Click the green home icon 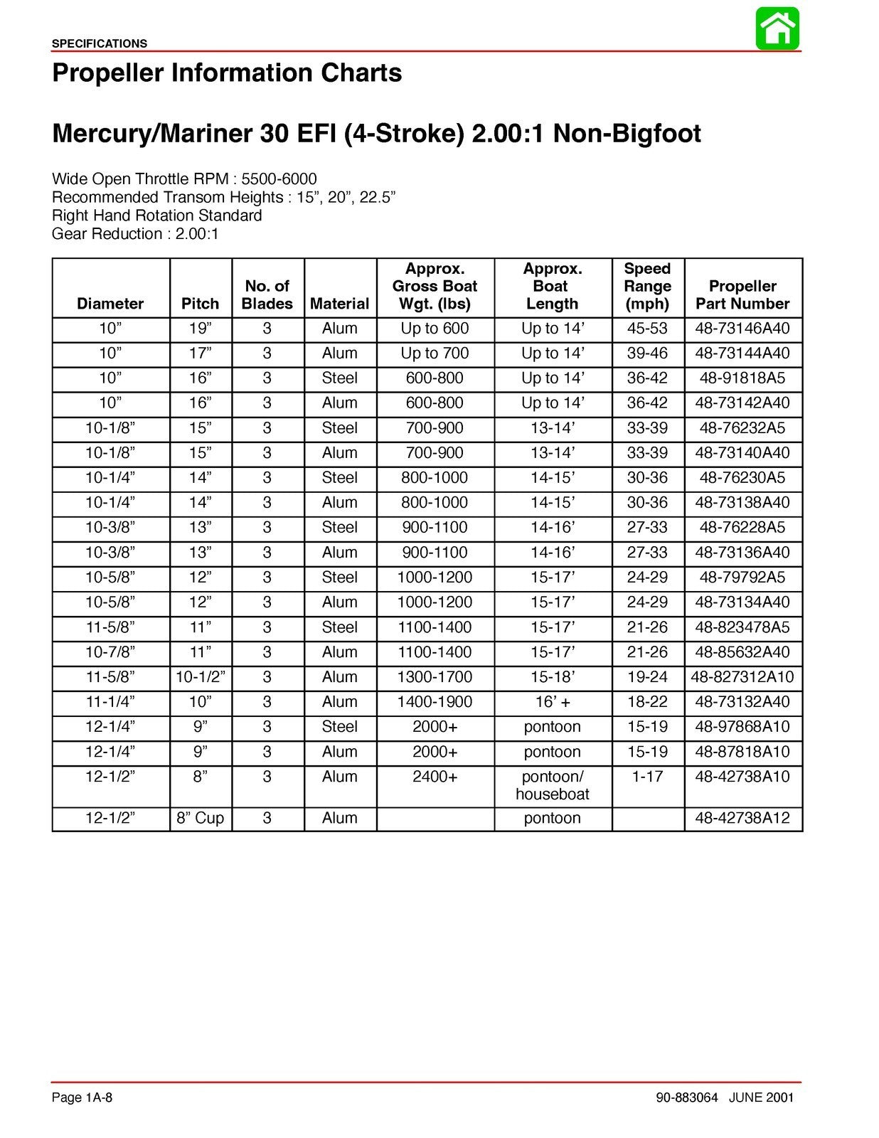coord(777,28)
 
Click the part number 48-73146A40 coord(742,329)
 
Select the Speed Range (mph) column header coord(647,287)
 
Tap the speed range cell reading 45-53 coord(647,329)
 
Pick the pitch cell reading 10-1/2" coord(201,677)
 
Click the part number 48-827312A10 coord(742,677)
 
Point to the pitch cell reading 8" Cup coord(201,818)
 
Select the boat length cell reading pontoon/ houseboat coord(553,785)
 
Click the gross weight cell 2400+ coord(435,777)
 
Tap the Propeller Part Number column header coord(742,295)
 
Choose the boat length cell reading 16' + coord(553,702)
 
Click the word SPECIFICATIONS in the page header coord(100,43)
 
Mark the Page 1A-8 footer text coord(82,1097)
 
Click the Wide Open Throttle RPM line coord(184,179)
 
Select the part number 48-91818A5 coord(742,378)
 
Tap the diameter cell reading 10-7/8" coord(110,652)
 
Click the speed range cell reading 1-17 coord(647,777)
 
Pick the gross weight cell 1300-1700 coord(435,677)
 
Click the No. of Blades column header coord(267,295)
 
